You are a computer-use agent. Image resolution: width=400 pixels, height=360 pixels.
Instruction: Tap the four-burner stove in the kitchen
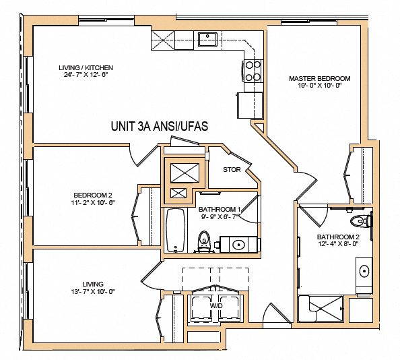(x=253, y=71)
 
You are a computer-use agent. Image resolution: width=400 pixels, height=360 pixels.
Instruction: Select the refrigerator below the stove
(x=248, y=104)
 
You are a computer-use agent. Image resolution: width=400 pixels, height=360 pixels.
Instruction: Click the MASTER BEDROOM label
(x=319, y=79)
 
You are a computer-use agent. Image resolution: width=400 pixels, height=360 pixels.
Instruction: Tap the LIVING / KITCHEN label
(x=86, y=67)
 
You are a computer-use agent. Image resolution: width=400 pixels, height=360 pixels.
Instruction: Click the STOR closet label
(x=232, y=169)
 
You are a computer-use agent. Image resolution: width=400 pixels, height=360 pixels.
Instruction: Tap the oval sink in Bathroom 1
(x=238, y=244)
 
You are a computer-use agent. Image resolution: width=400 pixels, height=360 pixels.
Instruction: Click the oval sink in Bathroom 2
(x=364, y=272)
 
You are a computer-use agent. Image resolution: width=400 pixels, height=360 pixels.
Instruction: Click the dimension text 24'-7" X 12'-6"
(x=86, y=76)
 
